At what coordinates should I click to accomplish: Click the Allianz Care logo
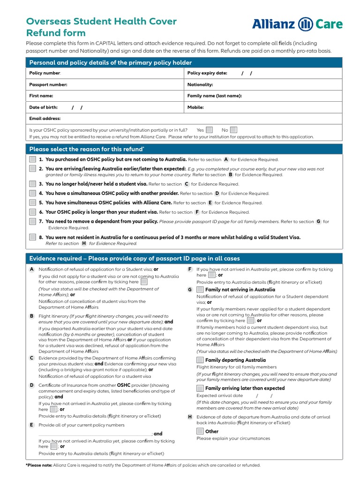(x=297, y=24)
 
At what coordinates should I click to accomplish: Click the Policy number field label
(x=45, y=73)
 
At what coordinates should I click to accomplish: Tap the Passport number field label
(x=48, y=85)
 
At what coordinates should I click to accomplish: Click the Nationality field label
(x=200, y=85)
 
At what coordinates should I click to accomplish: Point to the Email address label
(x=45, y=119)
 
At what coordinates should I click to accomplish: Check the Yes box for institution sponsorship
(x=210, y=130)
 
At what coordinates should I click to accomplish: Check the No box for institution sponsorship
(x=233, y=130)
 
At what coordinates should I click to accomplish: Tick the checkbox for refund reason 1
(x=32, y=159)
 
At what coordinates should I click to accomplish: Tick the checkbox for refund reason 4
(x=32, y=193)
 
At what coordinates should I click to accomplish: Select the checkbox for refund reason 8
(x=32, y=237)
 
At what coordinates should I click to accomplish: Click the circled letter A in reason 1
(x=226, y=159)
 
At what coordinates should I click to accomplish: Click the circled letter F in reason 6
(x=197, y=212)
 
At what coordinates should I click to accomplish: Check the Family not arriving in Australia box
(x=200, y=290)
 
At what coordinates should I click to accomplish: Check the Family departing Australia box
(x=200, y=360)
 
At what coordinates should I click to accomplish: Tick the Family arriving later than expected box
(x=200, y=388)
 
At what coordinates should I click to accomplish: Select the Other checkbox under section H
(x=200, y=431)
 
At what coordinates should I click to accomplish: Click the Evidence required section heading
(x=135, y=258)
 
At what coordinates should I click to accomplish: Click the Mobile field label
(x=195, y=107)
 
